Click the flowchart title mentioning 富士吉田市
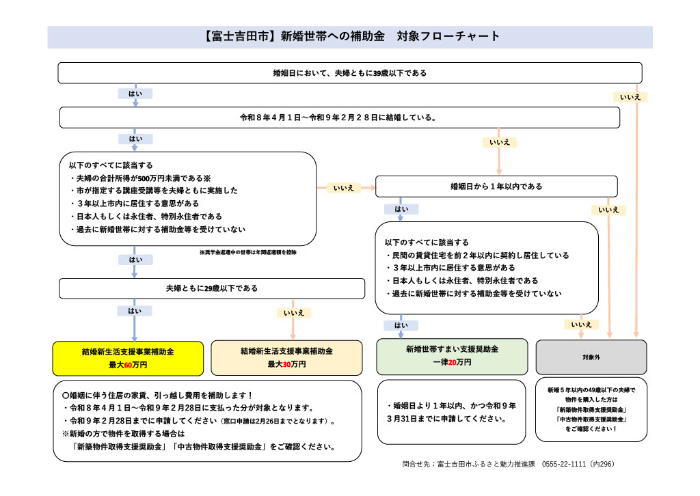click(x=350, y=37)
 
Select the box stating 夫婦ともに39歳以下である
click(x=349, y=73)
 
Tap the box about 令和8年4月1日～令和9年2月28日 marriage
click(x=339, y=118)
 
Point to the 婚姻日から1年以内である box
click(x=496, y=187)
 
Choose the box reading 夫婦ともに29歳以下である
click(x=212, y=288)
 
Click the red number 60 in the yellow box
click(x=128, y=365)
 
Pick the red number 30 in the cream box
click(x=286, y=365)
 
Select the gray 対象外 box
click(x=591, y=357)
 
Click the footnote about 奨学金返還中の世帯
click(x=247, y=252)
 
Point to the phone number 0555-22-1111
click(x=563, y=465)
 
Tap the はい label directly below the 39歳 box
click(x=135, y=94)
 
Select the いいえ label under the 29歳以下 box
click(x=293, y=313)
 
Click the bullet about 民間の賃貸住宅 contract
click(x=477, y=256)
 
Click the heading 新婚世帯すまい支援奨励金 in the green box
click(x=452, y=349)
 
